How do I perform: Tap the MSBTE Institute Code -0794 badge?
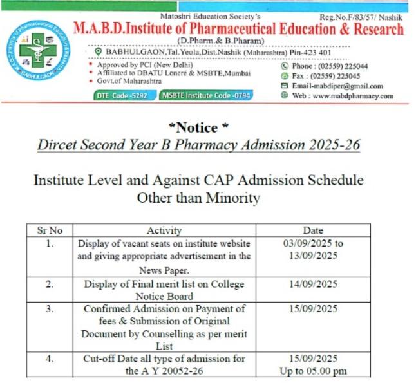pos(205,95)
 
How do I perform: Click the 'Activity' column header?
pos(164,230)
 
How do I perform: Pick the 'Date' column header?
pos(314,230)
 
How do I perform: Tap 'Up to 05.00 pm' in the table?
pos(314,371)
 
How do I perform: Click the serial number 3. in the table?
pos(50,309)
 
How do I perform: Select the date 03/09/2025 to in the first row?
pos(314,243)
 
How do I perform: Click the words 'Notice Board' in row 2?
pos(164,296)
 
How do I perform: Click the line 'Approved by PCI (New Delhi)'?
pos(138,66)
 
